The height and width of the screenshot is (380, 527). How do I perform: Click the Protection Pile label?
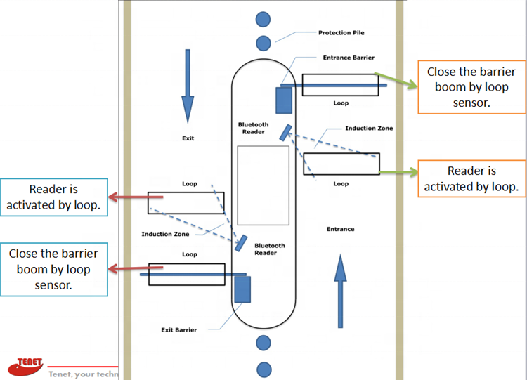coord(341,33)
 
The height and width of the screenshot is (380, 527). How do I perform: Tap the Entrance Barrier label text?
coord(348,58)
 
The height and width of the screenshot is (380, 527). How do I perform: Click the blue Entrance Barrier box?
coord(284,99)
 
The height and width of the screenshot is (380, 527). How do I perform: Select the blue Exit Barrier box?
coord(242,289)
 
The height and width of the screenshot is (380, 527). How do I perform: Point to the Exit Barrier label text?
coord(178,329)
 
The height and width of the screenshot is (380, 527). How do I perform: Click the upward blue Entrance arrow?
coord(340,291)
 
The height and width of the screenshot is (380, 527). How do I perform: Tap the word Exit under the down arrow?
coord(188,138)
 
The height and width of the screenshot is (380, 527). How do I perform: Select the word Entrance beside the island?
coord(341,229)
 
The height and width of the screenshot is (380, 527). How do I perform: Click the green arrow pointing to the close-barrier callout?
coord(397,80)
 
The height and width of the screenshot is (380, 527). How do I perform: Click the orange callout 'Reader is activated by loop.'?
coord(471,179)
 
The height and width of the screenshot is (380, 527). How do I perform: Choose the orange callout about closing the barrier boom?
coord(471,88)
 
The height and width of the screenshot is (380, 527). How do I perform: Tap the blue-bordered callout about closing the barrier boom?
coord(53,269)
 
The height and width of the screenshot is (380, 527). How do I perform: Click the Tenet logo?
coord(27,365)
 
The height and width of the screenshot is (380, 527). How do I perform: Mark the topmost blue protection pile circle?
coord(263,19)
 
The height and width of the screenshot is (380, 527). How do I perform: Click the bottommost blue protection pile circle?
coord(263,368)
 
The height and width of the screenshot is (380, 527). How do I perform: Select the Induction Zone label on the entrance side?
coord(369,129)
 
